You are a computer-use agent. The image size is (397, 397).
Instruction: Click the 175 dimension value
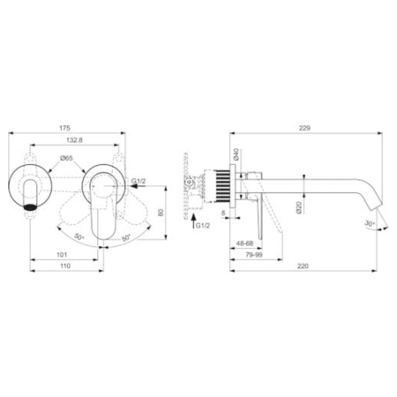point(65,128)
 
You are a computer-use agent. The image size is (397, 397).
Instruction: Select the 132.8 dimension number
point(74,140)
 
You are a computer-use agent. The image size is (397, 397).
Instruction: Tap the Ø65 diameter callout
point(66,158)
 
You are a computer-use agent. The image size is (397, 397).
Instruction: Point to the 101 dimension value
point(62,255)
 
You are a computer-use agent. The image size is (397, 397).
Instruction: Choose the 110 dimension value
point(65,266)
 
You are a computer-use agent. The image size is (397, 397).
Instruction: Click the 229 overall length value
point(304,128)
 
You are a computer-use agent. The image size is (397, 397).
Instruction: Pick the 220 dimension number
point(303,266)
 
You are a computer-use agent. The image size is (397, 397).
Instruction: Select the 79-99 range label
point(253,255)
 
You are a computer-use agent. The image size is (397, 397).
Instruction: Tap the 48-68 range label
point(244,243)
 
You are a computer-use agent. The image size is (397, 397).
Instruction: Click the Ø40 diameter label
point(237,154)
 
